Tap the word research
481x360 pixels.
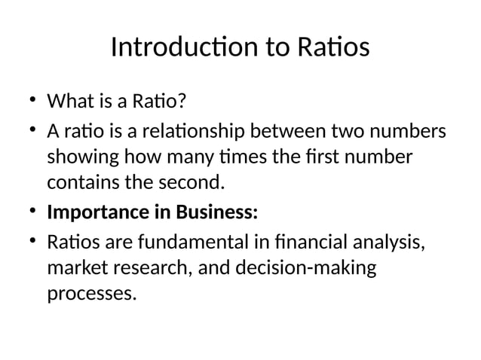(x=151, y=268)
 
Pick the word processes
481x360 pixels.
(x=92, y=294)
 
